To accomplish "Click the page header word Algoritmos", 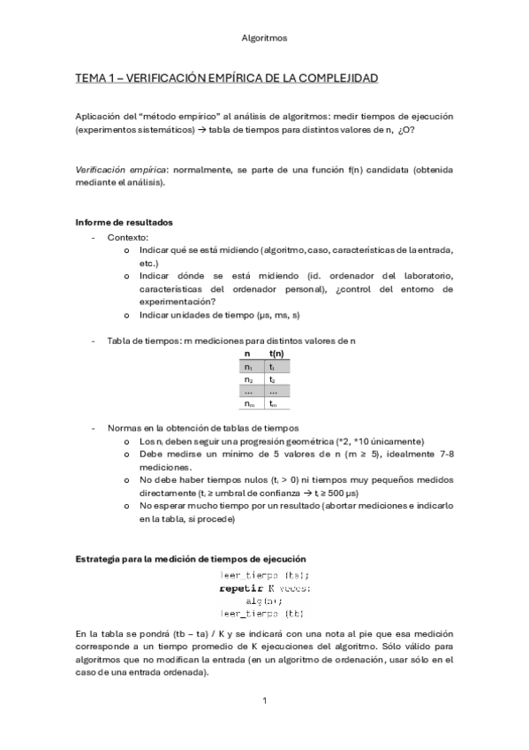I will coord(263,39).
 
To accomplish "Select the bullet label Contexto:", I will coord(128,237).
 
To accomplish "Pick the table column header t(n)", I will coord(276,354).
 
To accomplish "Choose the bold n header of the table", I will coord(247,354).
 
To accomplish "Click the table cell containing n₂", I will coord(248,379).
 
